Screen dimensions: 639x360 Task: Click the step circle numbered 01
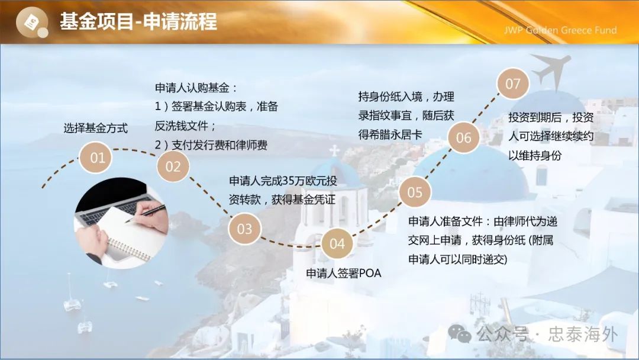tap(95, 157)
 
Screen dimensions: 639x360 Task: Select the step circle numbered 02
tap(173, 166)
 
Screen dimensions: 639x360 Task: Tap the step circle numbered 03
tap(244, 229)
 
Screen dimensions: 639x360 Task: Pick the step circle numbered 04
tap(337, 243)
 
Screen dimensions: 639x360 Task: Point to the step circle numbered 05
tap(415, 192)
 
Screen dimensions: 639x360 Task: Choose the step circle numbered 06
tap(463, 137)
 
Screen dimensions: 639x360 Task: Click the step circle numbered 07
tap(512, 83)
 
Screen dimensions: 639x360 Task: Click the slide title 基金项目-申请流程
tap(138, 21)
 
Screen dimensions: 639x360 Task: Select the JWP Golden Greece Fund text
tap(560, 30)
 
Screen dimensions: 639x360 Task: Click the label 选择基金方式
tap(96, 128)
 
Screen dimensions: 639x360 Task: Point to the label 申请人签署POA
tap(344, 273)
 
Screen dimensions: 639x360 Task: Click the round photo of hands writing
tap(121, 223)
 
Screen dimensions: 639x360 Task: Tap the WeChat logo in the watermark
tap(459, 333)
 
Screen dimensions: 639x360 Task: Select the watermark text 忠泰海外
tap(583, 335)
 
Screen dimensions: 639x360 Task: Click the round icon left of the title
tap(32, 22)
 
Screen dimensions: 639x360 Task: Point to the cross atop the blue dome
tap(334, 151)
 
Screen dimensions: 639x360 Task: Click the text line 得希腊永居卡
tap(390, 134)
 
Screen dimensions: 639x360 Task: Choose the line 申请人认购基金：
tap(196, 88)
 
